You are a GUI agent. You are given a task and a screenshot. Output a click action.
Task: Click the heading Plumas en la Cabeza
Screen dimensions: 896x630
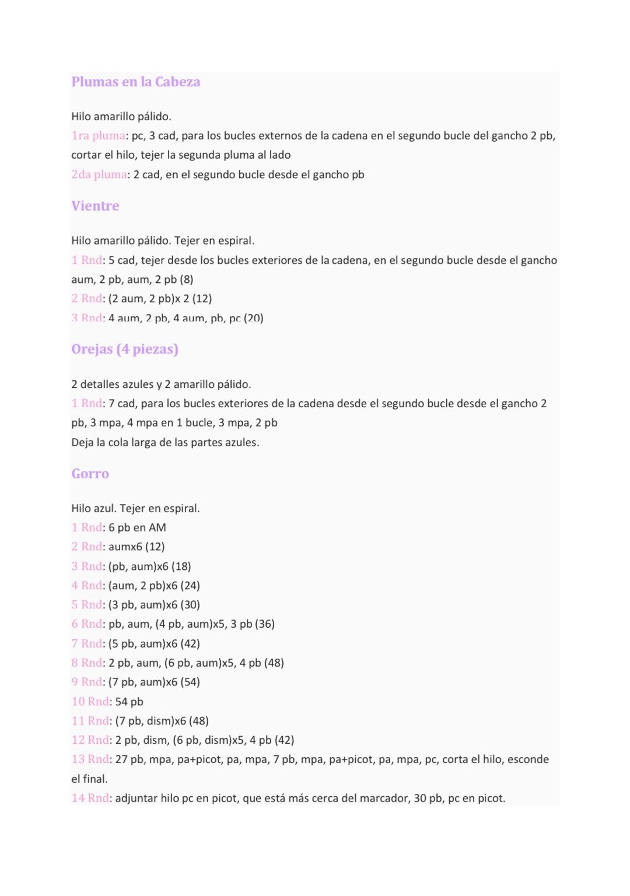pos(135,82)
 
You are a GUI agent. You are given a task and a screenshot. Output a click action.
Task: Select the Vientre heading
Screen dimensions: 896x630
pos(95,206)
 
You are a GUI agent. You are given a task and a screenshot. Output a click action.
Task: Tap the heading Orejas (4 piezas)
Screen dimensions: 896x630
pos(125,349)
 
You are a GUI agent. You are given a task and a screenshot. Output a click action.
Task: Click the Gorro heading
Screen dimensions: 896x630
pos(90,474)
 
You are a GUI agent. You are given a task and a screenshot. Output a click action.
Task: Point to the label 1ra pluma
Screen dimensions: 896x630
pos(98,136)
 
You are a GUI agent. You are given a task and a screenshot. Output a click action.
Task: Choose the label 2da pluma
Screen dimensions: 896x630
pos(99,174)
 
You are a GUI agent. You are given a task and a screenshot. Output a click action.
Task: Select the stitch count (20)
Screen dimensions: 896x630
pos(253,318)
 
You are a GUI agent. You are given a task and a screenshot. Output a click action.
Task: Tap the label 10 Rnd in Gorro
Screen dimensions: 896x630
pos(90,701)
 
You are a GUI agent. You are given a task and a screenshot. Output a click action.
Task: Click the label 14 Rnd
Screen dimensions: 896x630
pos(90,798)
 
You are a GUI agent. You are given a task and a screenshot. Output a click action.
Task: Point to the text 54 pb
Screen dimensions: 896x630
pos(129,701)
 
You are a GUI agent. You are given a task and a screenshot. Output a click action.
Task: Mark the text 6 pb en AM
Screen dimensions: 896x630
pos(137,527)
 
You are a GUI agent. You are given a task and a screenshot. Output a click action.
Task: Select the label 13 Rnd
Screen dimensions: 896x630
pos(90,759)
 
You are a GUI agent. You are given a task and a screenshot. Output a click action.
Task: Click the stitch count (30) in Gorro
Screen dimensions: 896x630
pos(190,605)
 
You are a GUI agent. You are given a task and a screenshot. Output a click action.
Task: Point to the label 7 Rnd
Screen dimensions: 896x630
pos(87,643)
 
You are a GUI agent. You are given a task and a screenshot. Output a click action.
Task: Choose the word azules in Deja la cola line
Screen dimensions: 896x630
pos(240,442)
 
